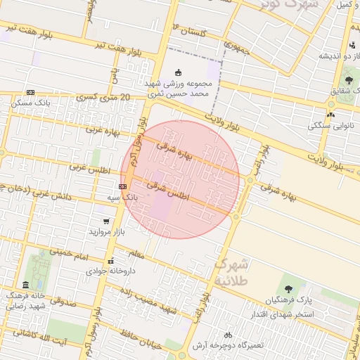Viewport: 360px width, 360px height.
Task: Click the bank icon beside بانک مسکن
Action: point(30,92)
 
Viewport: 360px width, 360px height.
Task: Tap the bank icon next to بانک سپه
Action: point(123,186)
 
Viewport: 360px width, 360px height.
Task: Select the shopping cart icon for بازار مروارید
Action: point(106,221)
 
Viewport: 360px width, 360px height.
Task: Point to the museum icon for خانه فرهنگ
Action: point(26,285)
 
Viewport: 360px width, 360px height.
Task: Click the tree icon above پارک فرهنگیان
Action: point(288,289)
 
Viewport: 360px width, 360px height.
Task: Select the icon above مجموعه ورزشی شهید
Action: point(178,71)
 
